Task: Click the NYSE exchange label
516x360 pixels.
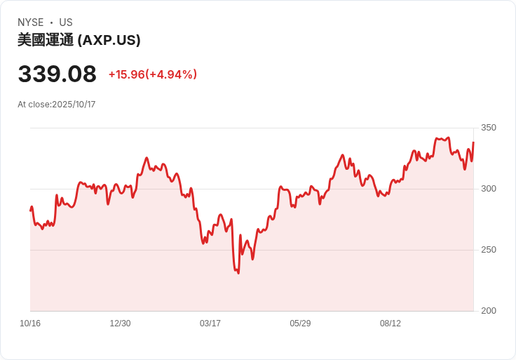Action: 30,22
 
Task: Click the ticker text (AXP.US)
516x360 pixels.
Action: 109,40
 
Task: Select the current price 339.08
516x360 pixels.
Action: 57,74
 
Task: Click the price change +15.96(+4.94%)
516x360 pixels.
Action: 152,74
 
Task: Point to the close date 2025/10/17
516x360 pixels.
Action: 74,105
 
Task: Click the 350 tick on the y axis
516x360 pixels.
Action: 488,128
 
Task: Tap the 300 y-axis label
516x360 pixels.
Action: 488,189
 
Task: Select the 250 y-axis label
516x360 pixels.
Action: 488,250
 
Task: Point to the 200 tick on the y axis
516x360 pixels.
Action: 488,311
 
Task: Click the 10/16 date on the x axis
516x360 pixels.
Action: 30,324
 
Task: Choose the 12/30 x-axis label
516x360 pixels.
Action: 120,324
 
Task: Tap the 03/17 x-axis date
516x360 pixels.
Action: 210,324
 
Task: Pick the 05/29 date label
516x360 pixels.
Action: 300,324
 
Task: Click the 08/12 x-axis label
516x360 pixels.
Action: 391,324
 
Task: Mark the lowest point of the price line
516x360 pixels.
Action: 238,273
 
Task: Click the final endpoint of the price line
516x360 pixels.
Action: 473,142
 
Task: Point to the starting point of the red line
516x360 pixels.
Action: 30,210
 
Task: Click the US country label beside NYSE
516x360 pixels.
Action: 66,22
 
